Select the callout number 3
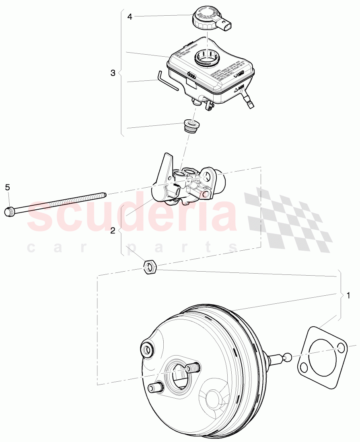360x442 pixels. [113, 73]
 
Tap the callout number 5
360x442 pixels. [7, 187]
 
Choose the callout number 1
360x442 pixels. [348, 296]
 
